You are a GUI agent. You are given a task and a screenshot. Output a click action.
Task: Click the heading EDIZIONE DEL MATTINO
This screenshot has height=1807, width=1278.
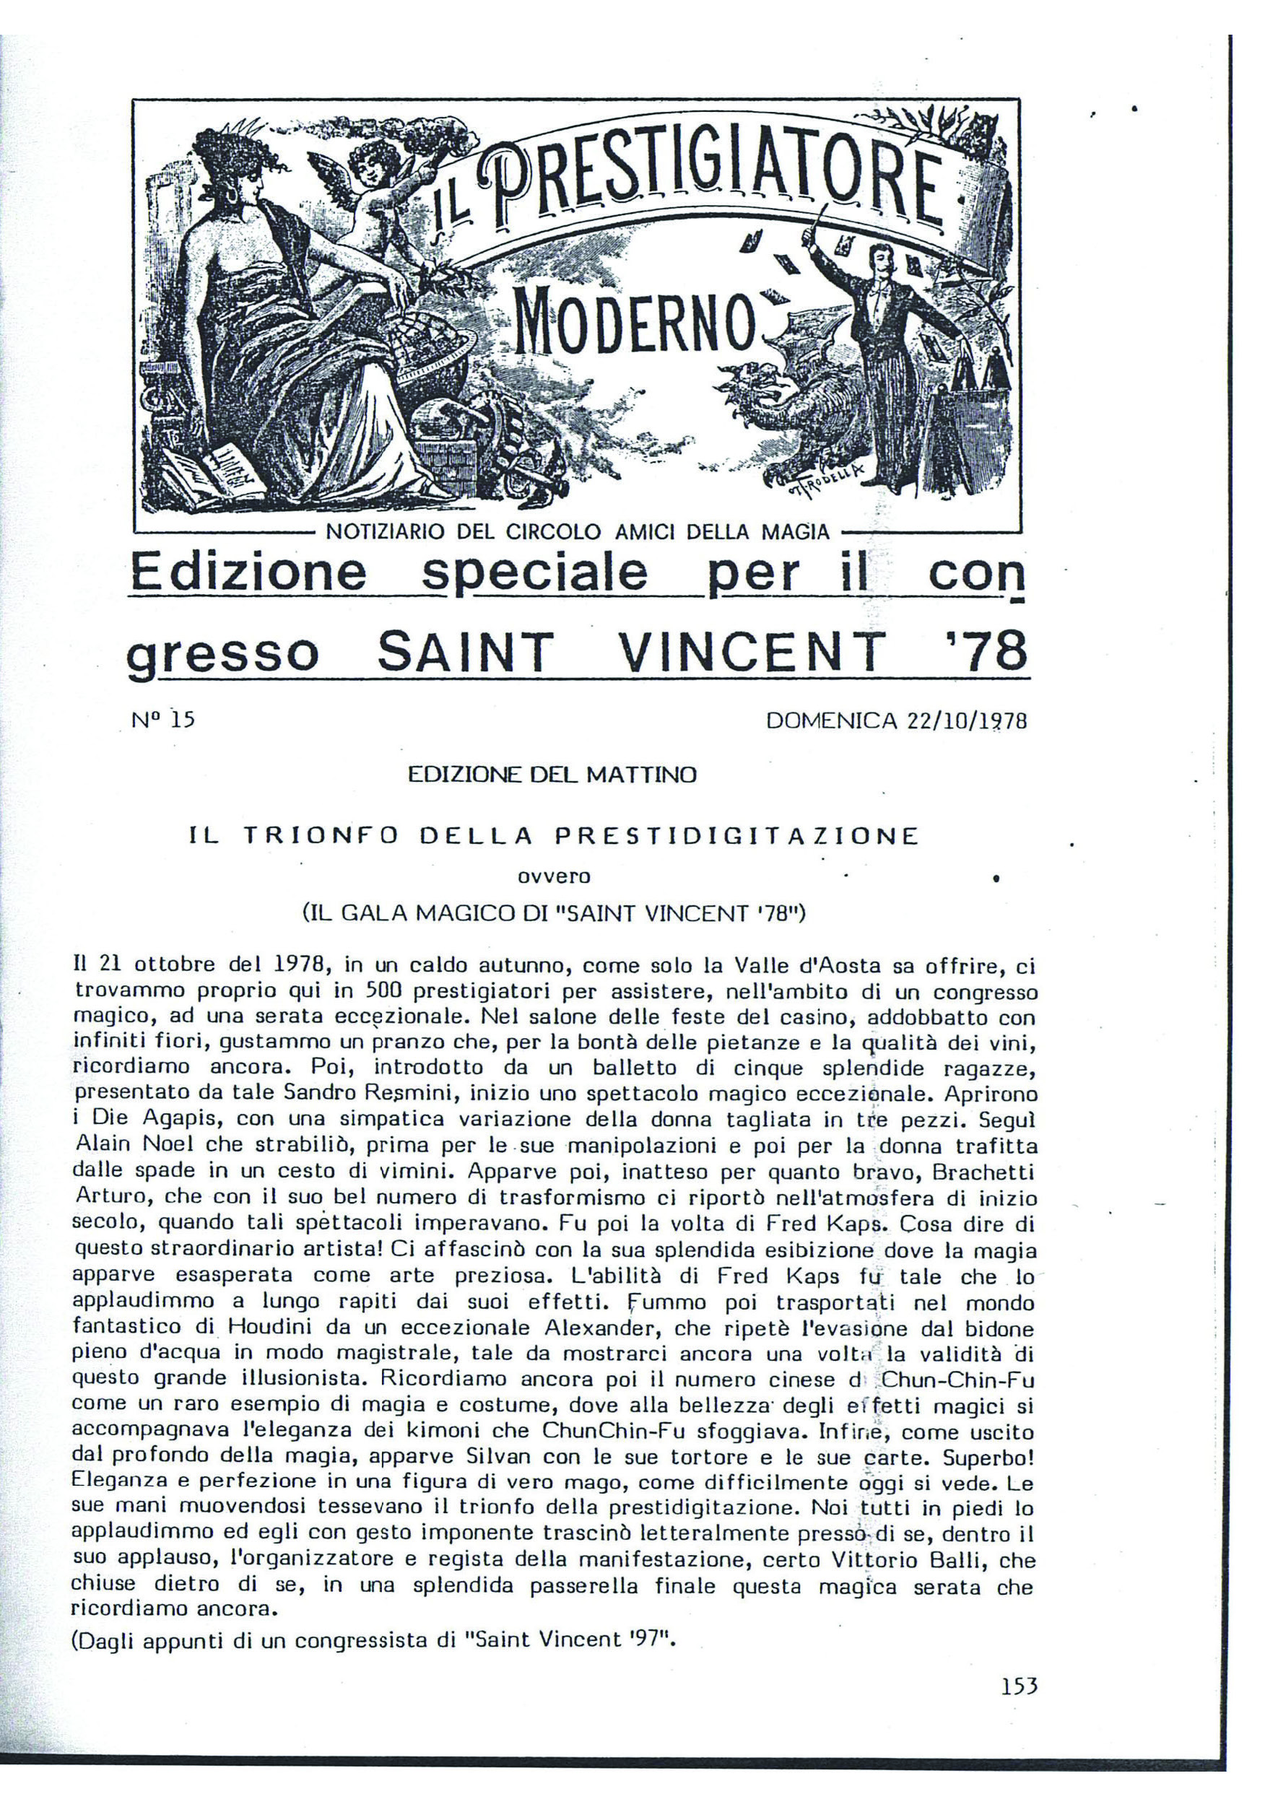pyautogui.click(x=552, y=775)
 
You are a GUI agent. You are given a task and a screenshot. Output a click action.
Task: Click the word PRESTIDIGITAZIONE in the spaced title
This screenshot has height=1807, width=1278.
pyautogui.click(x=736, y=836)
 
